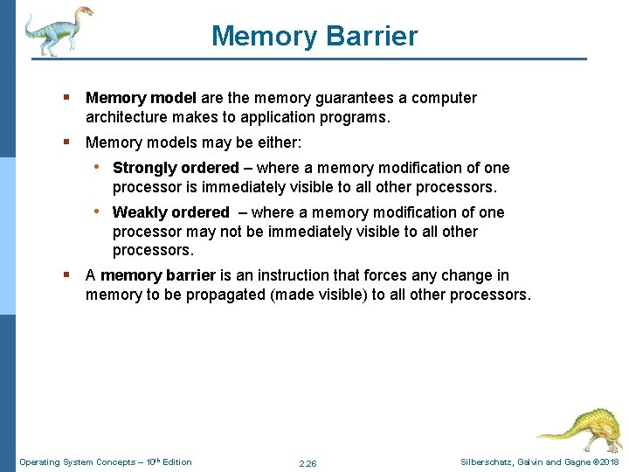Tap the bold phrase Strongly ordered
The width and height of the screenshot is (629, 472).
[x=176, y=168]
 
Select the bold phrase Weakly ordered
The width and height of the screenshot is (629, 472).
[x=170, y=212]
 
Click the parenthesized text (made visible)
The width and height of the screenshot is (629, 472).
[x=319, y=295]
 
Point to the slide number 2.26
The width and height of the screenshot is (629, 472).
[x=308, y=462]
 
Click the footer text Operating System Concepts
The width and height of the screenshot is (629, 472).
[x=75, y=462]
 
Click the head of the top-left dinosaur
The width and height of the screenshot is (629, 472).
[x=84, y=13]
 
